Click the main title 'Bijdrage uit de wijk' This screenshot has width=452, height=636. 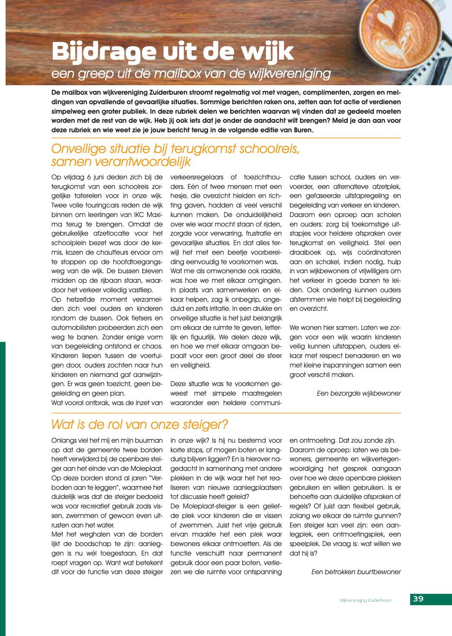click(x=172, y=52)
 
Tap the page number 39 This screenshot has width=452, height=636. click(x=418, y=599)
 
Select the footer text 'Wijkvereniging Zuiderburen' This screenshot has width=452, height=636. click(x=365, y=600)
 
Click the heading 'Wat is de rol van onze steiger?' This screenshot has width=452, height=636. click(x=139, y=425)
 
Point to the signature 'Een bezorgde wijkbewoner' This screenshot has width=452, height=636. click(x=359, y=393)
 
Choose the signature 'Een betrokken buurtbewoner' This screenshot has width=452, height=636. click(x=356, y=572)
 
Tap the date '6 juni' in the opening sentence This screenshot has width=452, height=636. click(x=98, y=177)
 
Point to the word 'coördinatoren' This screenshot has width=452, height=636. click(x=379, y=252)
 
